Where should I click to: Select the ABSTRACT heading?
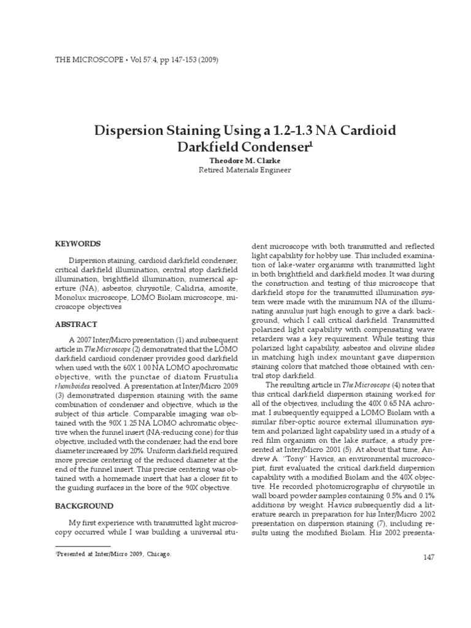click(x=75, y=324)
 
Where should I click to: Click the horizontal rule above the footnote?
click(x=82, y=545)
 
